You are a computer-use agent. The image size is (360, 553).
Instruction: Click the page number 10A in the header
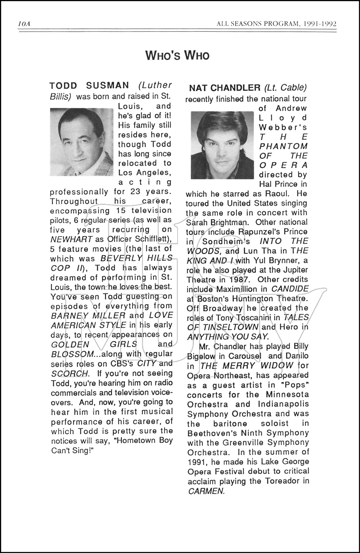coord(24,24)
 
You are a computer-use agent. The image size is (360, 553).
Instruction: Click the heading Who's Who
coord(177,56)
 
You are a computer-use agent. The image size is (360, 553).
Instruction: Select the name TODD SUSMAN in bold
coord(89,86)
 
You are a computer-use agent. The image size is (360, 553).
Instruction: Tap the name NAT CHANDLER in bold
coord(224,88)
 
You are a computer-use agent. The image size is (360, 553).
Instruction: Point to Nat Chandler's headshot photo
coord(222,145)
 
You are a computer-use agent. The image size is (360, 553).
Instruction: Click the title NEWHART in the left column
coord(71,239)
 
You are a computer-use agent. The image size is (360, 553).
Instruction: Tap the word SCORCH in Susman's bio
coord(69,373)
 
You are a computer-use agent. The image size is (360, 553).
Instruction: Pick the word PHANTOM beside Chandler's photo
coord(283,146)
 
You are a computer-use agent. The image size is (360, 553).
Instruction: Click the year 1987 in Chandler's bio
coord(241,280)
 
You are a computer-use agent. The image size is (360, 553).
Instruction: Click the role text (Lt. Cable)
coord(285,88)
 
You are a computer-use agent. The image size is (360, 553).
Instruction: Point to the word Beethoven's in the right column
coord(212,433)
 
